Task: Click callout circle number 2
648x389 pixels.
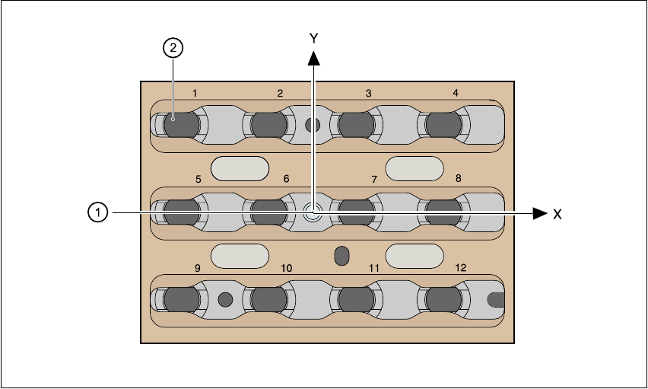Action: [x=173, y=49]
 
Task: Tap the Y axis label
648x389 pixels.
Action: [x=313, y=37]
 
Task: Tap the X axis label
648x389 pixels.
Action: [x=557, y=215]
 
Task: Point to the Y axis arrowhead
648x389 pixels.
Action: [x=313, y=58]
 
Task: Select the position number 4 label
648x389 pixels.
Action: [x=456, y=93]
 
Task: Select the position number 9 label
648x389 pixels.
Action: [x=198, y=268]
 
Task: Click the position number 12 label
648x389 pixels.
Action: [x=460, y=268]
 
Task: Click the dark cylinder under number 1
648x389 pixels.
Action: [x=181, y=124]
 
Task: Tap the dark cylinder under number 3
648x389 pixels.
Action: [x=355, y=124]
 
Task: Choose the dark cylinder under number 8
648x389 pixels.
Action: [x=443, y=212]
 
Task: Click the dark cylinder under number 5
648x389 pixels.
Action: [x=181, y=212]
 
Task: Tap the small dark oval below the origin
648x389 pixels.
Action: [x=342, y=255]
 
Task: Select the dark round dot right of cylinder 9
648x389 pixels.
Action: [x=224, y=299]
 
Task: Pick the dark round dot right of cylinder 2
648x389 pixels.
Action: [x=311, y=125]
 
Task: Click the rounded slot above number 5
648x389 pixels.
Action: [x=240, y=168]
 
